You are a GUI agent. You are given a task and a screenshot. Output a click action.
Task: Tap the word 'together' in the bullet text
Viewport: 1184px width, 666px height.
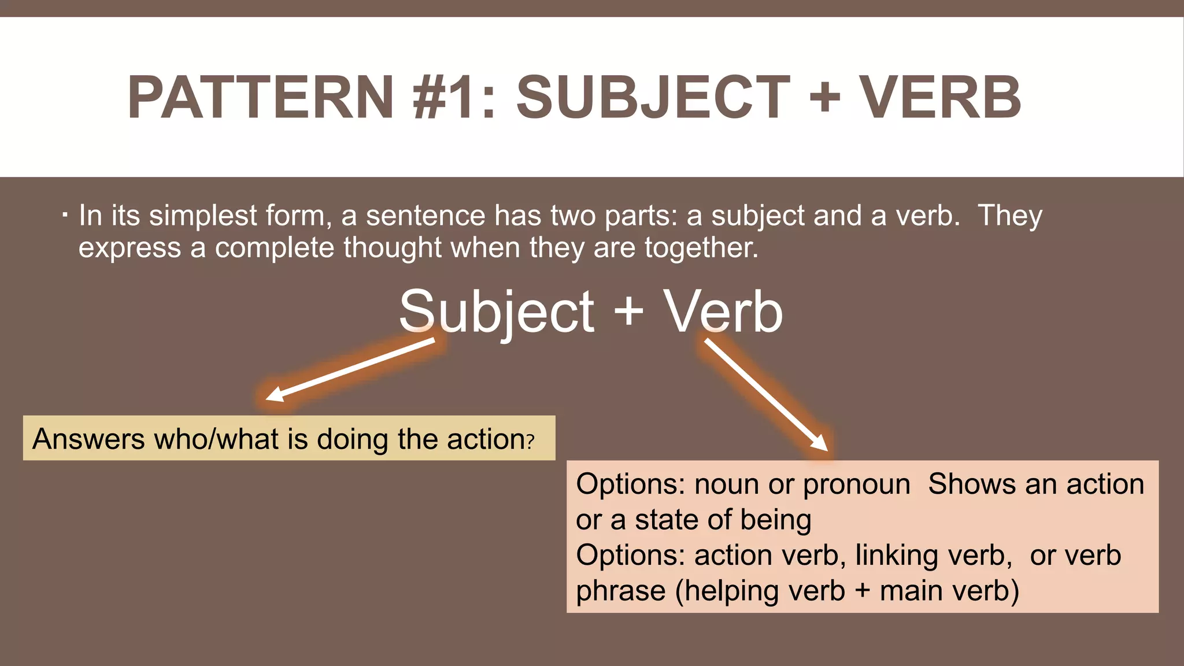(700, 248)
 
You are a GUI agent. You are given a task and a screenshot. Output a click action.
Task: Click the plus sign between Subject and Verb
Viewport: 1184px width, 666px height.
(628, 312)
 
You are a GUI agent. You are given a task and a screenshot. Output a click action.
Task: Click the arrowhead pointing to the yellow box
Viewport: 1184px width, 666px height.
(273, 395)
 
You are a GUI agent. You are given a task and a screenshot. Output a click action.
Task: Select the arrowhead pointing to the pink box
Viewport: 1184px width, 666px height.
(821, 444)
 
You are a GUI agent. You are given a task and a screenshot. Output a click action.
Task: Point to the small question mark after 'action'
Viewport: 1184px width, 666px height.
(530, 442)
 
